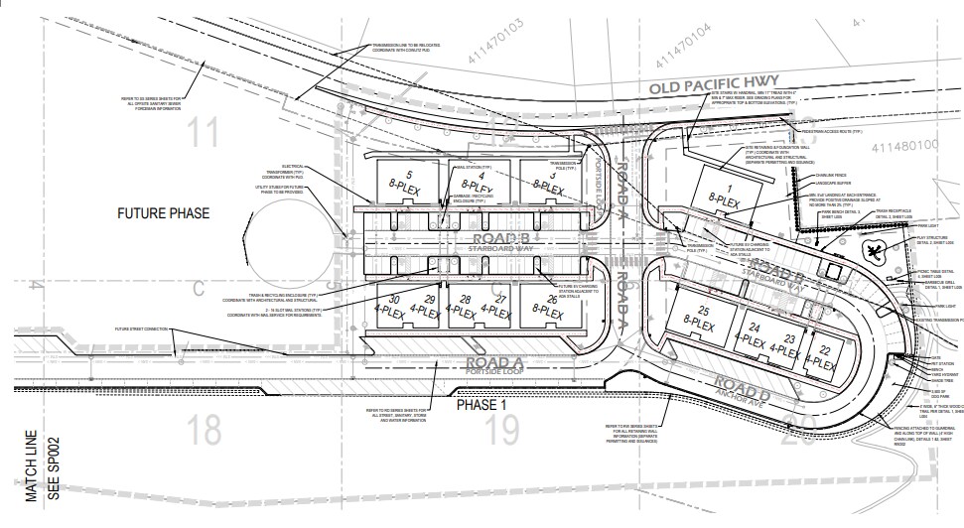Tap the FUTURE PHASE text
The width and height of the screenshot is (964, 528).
pos(164,213)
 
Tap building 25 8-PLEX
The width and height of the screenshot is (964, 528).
pos(701,319)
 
